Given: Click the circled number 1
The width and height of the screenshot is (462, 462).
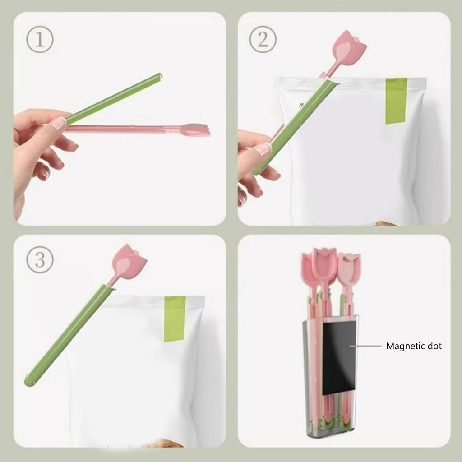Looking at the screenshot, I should click(40, 39).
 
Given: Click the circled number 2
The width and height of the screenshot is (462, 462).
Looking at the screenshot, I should click(263, 39).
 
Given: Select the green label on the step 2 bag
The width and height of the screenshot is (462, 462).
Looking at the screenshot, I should click(396, 101).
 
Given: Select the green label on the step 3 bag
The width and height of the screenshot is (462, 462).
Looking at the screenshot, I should click(175, 318).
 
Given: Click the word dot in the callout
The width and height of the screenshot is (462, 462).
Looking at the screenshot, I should click(434, 346).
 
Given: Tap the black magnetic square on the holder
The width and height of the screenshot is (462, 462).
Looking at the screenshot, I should click(339, 356).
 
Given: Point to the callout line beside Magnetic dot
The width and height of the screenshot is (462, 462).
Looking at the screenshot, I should click(365, 346).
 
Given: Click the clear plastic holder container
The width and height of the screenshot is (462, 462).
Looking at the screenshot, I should click(311, 406).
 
